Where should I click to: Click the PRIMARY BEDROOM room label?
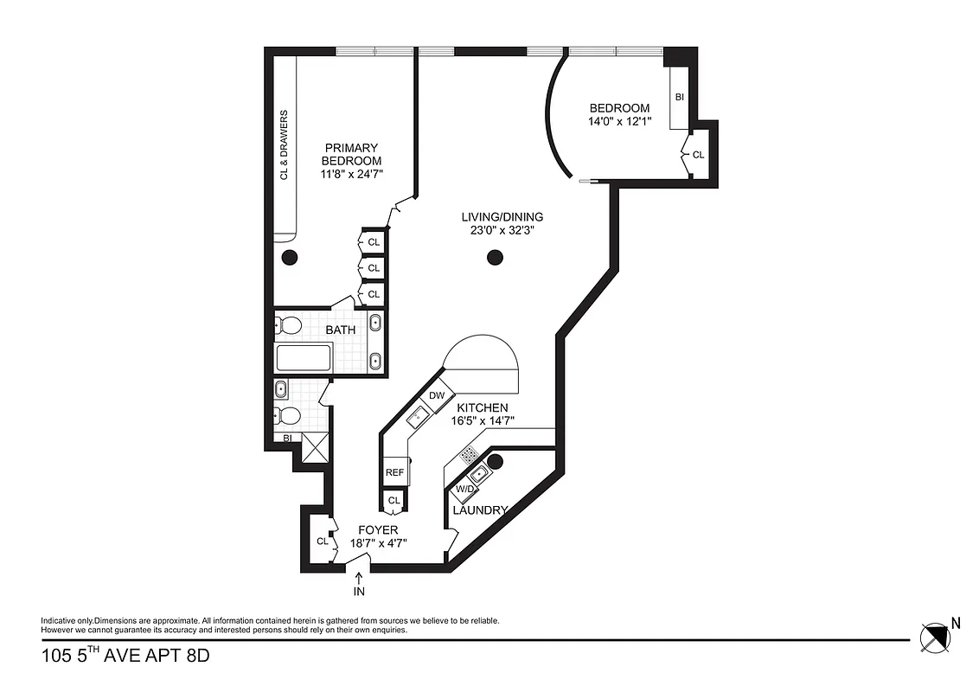click(x=351, y=154)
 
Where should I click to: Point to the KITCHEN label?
click(x=483, y=407)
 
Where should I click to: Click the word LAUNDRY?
click(x=480, y=510)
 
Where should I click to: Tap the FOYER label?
click(x=379, y=529)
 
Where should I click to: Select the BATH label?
click(x=340, y=330)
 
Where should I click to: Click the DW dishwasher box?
click(x=437, y=395)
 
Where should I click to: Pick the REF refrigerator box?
click(x=394, y=472)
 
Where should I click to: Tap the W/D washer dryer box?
click(x=464, y=490)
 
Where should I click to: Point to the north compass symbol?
click(x=934, y=638)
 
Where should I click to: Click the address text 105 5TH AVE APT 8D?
click(x=125, y=656)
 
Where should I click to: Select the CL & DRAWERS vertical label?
click(x=284, y=144)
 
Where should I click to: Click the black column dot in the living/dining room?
click(x=495, y=257)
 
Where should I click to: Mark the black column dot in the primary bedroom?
click(x=289, y=257)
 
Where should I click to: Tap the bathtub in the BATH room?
click(x=303, y=357)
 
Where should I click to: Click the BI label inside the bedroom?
click(x=679, y=98)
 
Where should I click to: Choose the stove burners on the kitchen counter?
click(x=470, y=453)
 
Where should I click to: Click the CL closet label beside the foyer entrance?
click(x=322, y=541)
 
